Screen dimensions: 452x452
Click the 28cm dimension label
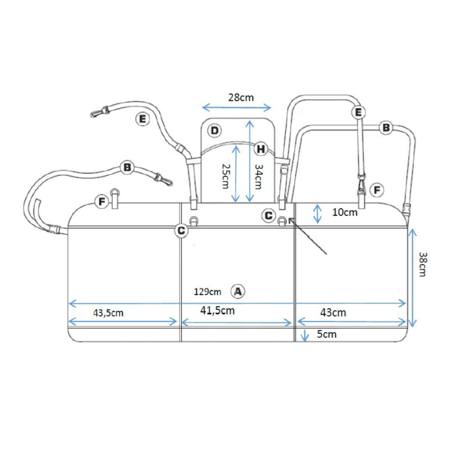pyautogui.click(x=241, y=98)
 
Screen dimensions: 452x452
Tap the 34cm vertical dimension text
pyautogui.click(x=258, y=177)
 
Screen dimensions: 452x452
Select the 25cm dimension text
pyautogui.click(x=226, y=176)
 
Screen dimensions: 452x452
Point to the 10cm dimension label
pyautogui.click(x=345, y=212)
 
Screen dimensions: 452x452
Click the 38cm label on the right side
pyautogui.click(x=423, y=264)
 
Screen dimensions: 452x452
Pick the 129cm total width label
pyautogui.click(x=208, y=292)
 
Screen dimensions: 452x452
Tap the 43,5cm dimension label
pyautogui.click(x=109, y=313)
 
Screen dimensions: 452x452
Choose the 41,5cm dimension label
pyautogui.click(x=217, y=310)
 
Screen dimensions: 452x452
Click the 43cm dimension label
pyautogui.click(x=333, y=313)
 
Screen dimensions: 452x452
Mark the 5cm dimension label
pyautogui.click(x=327, y=334)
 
